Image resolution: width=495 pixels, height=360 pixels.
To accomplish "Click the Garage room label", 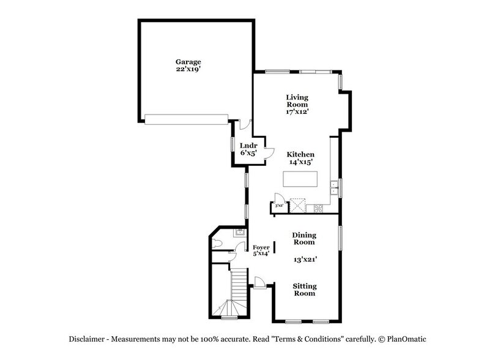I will tap(188, 62).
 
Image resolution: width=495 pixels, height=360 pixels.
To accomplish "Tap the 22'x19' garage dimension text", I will tap(188, 70).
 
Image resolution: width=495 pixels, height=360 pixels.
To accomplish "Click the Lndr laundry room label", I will tap(248, 145).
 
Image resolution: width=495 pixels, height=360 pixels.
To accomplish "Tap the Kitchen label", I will tap(301, 155).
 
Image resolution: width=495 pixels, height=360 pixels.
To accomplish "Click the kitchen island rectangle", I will tap(300, 179).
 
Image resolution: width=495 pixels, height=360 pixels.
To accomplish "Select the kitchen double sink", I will tap(335, 187).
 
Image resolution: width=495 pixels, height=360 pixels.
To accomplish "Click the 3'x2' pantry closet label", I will tap(278, 206).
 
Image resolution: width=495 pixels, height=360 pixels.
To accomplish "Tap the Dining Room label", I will tap(303, 238).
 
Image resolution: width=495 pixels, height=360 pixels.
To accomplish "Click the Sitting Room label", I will tap(303, 290).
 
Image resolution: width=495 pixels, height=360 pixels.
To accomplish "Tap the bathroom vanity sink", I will tap(240, 232).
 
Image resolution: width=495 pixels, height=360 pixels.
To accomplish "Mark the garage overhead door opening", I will tap(187, 118).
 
